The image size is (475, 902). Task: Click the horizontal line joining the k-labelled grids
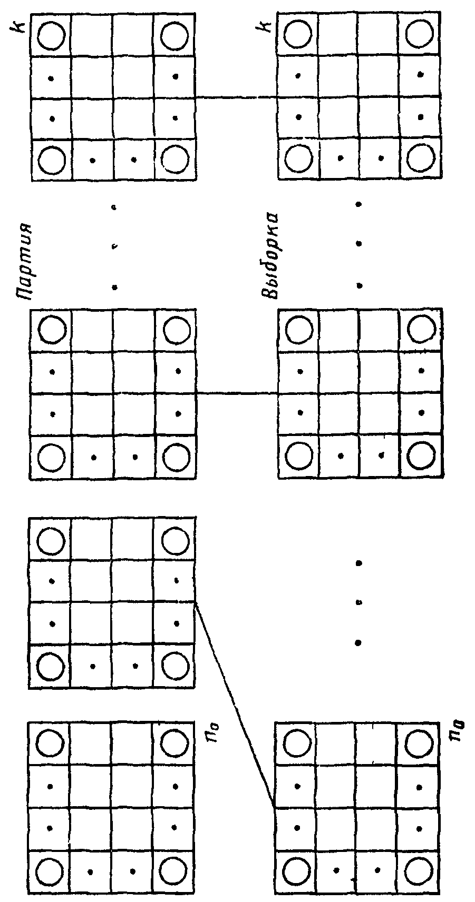[x=237, y=97]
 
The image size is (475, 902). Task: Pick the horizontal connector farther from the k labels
[x=237, y=392]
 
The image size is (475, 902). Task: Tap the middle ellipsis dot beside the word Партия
[x=114, y=246]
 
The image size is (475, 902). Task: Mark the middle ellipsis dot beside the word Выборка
[x=359, y=244]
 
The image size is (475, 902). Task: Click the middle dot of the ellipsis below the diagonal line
[x=359, y=602]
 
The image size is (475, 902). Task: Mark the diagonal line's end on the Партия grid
[x=196, y=603]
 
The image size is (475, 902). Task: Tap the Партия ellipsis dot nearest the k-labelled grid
[x=114, y=207]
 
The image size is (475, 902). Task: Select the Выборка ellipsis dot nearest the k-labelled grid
[x=359, y=204]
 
